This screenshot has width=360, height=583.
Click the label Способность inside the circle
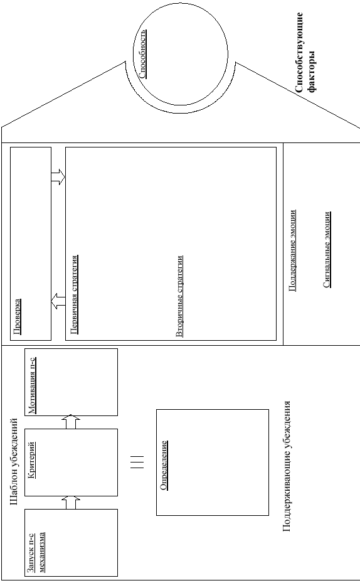tap(142, 55)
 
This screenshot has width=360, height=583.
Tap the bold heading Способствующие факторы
tap(305, 53)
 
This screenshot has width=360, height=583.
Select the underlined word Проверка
tap(17, 316)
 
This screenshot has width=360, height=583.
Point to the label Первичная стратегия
tap(73, 294)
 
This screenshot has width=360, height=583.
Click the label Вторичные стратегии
tap(179, 296)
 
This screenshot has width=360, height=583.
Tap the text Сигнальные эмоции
tap(327, 250)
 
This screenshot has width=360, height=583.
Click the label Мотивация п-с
tap(33, 385)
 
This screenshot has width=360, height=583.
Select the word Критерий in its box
tap(32, 459)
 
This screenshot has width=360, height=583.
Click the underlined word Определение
tap(164, 465)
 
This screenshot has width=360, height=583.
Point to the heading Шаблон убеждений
tap(14, 461)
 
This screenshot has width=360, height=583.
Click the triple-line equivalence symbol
tap(137, 462)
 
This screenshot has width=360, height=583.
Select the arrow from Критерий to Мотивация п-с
tap(71, 422)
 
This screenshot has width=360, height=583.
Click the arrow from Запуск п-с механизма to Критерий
tap(71, 502)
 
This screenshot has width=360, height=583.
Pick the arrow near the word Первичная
tap(58, 301)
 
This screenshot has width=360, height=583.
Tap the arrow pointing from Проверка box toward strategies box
tap(58, 177)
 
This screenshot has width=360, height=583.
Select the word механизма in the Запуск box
tap(41, 552)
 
